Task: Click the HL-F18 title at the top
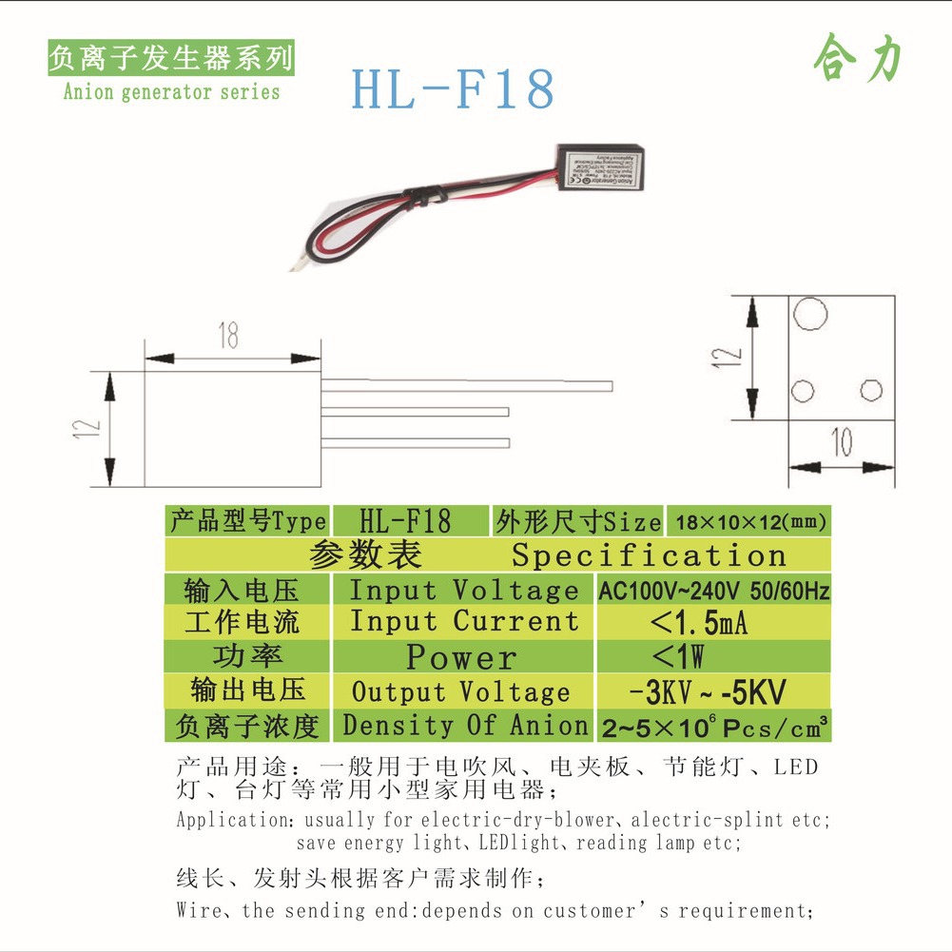(x=452, y=88)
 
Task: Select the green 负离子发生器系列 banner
(x=171, y=59)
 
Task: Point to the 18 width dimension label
(x=227, y=337)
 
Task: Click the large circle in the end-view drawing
(x=809, y=313)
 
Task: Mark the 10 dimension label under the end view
(x=843, y=441)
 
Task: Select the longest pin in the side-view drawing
(x=466, y=385)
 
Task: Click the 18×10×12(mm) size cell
(x=749, y=521)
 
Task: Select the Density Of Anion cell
(x=465, y=725)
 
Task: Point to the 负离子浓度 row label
(x=247, y=726)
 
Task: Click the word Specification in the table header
(x=649, y=554)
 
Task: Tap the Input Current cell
(x=464, y=622)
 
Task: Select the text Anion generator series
(x=171, y=92)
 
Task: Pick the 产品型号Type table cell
(x=247, y=521)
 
